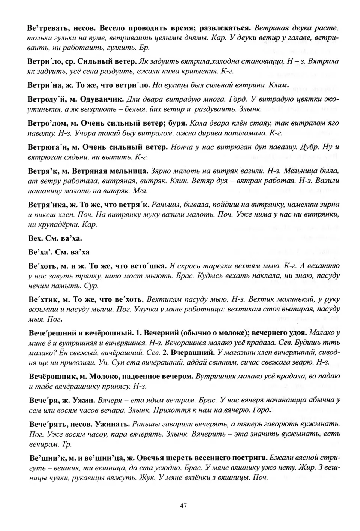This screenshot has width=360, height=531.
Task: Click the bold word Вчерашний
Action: (x=192, y=352)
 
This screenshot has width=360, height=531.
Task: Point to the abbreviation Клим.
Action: (x=279, y=85)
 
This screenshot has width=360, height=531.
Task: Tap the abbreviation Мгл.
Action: (x=140, y=191)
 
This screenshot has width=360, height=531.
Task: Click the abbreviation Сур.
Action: (x=91, y=286)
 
